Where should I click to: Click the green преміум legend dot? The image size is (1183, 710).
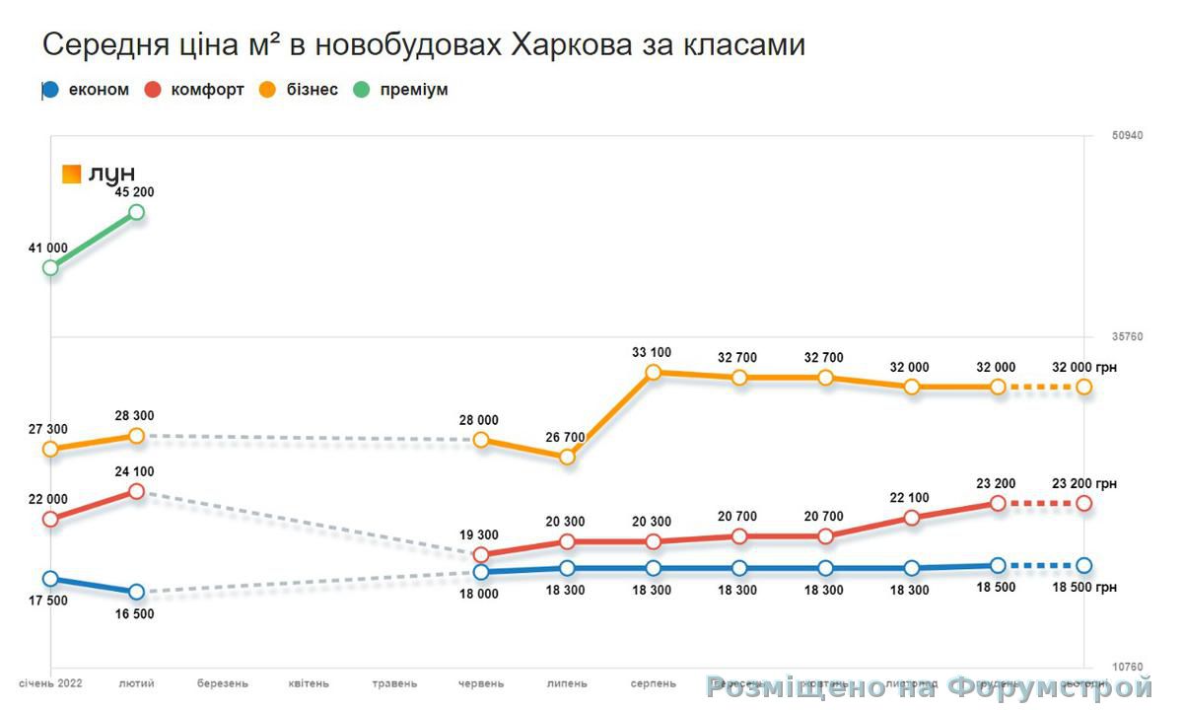coord(362,90)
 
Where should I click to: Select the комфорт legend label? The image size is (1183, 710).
coord(207,90)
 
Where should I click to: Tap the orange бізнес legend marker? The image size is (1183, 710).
coord(267,90)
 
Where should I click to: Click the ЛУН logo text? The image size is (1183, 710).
coord(111,175)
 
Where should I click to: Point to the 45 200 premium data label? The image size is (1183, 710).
coord(135,191)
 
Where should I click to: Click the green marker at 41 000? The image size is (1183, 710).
coord(50,267)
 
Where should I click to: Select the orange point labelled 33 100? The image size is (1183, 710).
coord(653,373)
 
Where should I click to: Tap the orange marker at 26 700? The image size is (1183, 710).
coord(567,458)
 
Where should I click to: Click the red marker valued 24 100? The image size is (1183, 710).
coord(136,491)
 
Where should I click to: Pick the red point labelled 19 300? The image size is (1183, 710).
coord(481,554)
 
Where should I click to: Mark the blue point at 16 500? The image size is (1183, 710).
coord(136,592)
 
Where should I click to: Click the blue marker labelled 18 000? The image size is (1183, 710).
coord(481,572)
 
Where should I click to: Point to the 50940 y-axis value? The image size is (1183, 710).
coord(1127,135)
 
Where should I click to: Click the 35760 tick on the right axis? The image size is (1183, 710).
coord(1127,337)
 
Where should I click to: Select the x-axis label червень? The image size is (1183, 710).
coord(481,682)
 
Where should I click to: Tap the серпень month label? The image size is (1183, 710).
coord(653,682)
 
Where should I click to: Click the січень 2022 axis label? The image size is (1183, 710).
coord(50,682)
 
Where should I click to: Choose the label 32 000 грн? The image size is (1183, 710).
coord(1084,367)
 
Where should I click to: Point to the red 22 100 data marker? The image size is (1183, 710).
coord(912,518)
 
